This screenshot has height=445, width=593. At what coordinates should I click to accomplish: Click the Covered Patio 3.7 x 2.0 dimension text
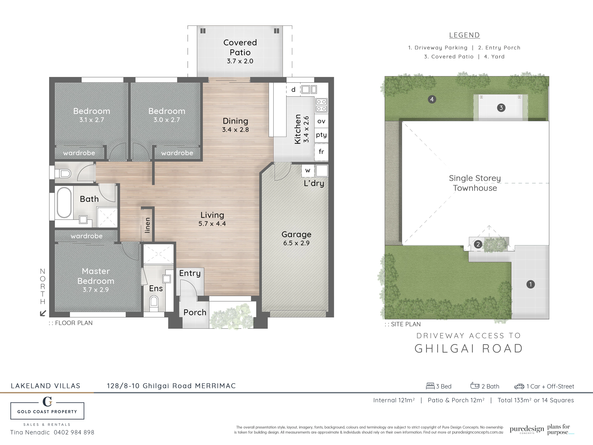[x=240, y=61]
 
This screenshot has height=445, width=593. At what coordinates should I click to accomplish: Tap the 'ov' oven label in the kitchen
[x=321, y=121]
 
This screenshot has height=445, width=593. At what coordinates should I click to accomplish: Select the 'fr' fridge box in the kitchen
[x=321, y=152]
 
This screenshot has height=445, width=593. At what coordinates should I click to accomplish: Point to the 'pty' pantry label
[x=321, y=135]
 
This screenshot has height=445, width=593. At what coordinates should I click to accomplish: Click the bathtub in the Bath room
[x=64, y=202]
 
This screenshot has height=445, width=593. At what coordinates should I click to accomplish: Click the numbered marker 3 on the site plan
[x=501, y=108]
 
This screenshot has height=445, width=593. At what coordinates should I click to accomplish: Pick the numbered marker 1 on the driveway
[x=531, y=284]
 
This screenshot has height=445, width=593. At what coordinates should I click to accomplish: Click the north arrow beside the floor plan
[x=43, y=313]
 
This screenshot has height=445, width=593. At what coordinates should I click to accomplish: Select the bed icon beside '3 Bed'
[x=430, y=386]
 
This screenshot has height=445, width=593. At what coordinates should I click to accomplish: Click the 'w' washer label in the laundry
[x=308, y=171]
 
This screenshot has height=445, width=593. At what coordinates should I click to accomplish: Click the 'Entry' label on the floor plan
[x=190, y=273]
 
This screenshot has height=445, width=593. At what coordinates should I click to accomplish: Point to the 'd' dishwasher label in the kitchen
[x=293, y=89]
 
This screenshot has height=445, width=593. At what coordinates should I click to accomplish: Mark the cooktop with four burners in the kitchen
[x=321, y=105]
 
